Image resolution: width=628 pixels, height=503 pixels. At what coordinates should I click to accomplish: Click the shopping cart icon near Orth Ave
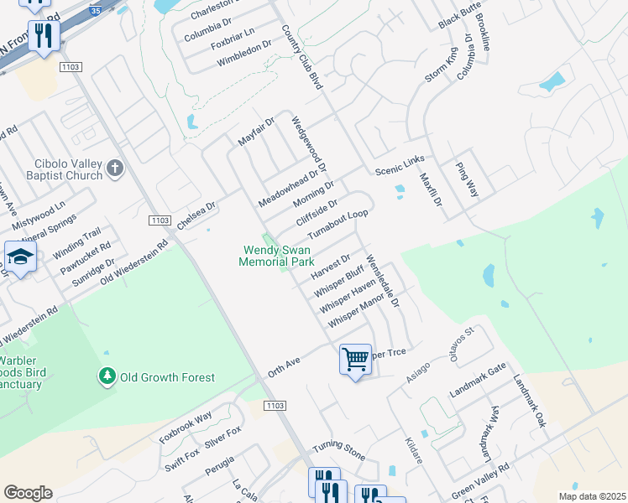[x=356, y=360]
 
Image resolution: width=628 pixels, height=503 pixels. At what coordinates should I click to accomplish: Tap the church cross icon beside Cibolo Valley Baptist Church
[x=116, y=170]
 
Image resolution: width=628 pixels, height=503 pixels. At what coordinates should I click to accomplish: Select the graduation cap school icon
[x=20, y=257]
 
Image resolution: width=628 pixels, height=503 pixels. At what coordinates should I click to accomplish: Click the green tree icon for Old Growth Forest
[x=107, y=377]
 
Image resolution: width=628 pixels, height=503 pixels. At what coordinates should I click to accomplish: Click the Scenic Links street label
[x=400, y=165]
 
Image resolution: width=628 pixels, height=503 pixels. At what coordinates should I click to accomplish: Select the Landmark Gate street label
[x=478, y=381]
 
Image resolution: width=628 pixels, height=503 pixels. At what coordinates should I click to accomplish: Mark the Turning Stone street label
[x=339, y=450]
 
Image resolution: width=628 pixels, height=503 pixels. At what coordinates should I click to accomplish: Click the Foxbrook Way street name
[x=186, y=428]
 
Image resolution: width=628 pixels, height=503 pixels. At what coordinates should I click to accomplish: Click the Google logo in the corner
[x=28, y=493]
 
